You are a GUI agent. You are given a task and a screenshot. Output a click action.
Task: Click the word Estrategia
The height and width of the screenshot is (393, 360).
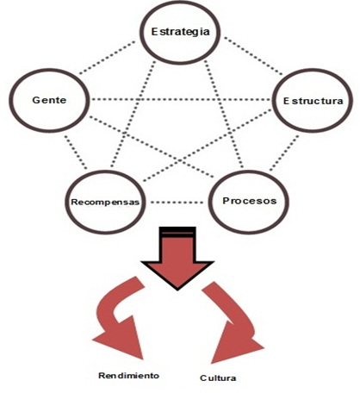pos(180,32)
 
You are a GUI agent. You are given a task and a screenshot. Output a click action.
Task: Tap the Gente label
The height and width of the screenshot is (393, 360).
pos(49,100)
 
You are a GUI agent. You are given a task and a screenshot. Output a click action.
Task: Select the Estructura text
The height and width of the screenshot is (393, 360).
pos(313,101)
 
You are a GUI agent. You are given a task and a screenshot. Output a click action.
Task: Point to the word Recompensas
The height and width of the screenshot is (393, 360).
pos(105,202)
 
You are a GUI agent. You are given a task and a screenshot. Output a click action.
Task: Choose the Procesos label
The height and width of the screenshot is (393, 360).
pos(250,201)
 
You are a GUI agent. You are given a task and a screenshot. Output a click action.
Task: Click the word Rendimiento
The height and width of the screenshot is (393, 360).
pos(128,376)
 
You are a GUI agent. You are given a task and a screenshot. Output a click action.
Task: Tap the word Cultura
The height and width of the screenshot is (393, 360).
pos(218,377)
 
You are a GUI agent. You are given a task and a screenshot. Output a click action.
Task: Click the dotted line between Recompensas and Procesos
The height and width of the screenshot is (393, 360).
pos(177,203)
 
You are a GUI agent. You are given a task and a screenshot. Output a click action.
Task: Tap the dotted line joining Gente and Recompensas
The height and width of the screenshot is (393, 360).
pos(75,153)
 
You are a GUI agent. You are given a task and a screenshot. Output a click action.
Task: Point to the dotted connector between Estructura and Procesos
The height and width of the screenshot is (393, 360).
pos(284,153)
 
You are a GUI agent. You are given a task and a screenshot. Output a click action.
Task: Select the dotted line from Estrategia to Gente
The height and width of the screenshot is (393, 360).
pos(108,58)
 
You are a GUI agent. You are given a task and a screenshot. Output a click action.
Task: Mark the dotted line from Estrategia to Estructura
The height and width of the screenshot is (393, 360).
pos(253,56)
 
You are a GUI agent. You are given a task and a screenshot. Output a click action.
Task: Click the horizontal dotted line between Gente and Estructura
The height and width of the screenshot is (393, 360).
pos(180,100)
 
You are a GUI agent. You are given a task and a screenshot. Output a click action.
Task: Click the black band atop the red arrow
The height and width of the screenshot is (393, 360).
pos(177,232)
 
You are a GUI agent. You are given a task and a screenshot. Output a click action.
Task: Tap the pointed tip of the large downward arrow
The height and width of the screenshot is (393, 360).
pos(177,290)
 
